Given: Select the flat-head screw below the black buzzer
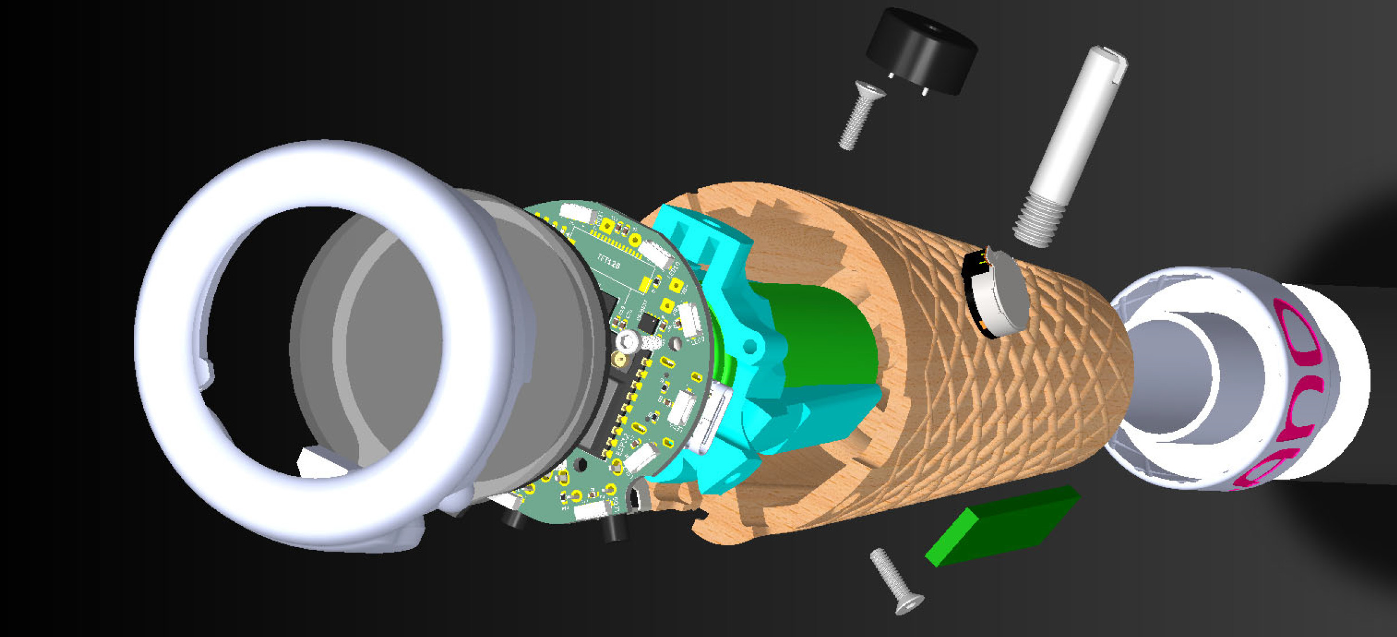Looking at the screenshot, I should (x=859, y=115).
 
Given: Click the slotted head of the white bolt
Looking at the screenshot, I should (x=1108, y=57).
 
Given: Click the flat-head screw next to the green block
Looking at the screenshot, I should (x=896, y=581).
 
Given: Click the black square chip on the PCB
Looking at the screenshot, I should (x=648, y=323).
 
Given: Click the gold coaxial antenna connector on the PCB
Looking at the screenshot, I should (x=619, y=360).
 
